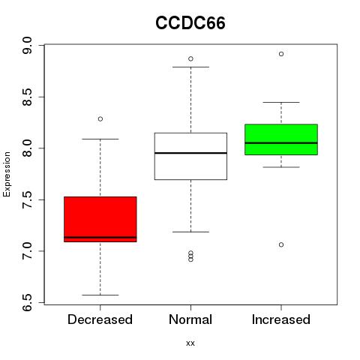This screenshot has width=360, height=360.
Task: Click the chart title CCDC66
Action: coord(190,23)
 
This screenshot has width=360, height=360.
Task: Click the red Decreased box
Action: coord(100,219)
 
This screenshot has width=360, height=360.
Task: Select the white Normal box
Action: coord(190,156)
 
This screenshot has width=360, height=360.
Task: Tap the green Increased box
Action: coord(281,139)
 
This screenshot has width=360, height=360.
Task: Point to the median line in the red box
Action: coord(100,237)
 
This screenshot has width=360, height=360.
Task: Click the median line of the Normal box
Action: coord(190,153)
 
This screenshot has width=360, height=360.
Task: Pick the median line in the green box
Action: coord(281,143)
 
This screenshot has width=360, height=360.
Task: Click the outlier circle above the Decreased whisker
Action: coord(100,119)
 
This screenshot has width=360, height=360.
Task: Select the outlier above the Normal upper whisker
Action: coord(190,58)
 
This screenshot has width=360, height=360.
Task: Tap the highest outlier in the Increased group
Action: coord(281,54)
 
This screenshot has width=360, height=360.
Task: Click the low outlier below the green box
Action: coord(281,244)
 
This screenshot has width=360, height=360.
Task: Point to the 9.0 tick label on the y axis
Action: coord(27,45)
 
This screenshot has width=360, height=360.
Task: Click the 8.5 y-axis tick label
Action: coord(27,97)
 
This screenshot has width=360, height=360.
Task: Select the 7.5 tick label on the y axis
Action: coord(27,199)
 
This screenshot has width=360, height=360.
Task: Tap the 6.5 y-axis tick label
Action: coord(27,302)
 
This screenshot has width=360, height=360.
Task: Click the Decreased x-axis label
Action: coord(100,319)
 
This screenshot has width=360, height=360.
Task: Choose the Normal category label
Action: coord(190,319)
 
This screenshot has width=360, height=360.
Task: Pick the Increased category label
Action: coord(281,319)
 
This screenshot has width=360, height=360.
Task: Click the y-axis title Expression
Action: coord(7,174)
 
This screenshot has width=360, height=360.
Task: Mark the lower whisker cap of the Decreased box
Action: coord(100,295)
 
